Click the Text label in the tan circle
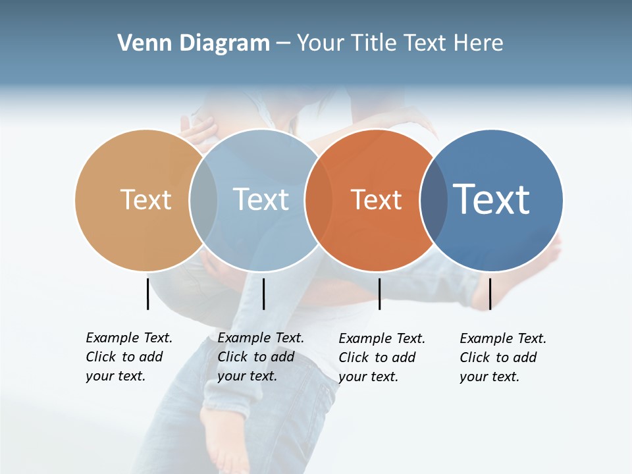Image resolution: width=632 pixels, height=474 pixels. coord(145,199)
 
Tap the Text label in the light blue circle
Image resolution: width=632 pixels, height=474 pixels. coord(261,199)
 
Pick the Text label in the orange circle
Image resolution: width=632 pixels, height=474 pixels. coord(376,199)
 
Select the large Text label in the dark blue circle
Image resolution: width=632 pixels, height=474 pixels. coord(492,199)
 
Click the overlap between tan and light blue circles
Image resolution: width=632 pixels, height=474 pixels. coord(203,199)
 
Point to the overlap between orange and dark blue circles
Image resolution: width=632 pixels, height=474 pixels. coord(434,199)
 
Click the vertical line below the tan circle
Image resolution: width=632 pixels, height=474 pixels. coord(147,294)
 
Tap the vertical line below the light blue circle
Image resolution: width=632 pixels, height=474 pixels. coord(263,294)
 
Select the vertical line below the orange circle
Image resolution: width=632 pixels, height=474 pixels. coord(379,294)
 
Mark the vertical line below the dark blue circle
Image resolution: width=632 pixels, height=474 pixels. coord(490,294)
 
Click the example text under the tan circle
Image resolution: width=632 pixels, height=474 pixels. coord(128,357)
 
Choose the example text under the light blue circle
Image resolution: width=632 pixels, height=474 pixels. coord(260,357)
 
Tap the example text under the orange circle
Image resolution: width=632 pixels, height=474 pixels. coord(381,357)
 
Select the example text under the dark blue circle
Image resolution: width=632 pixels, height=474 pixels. coord(502,357)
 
